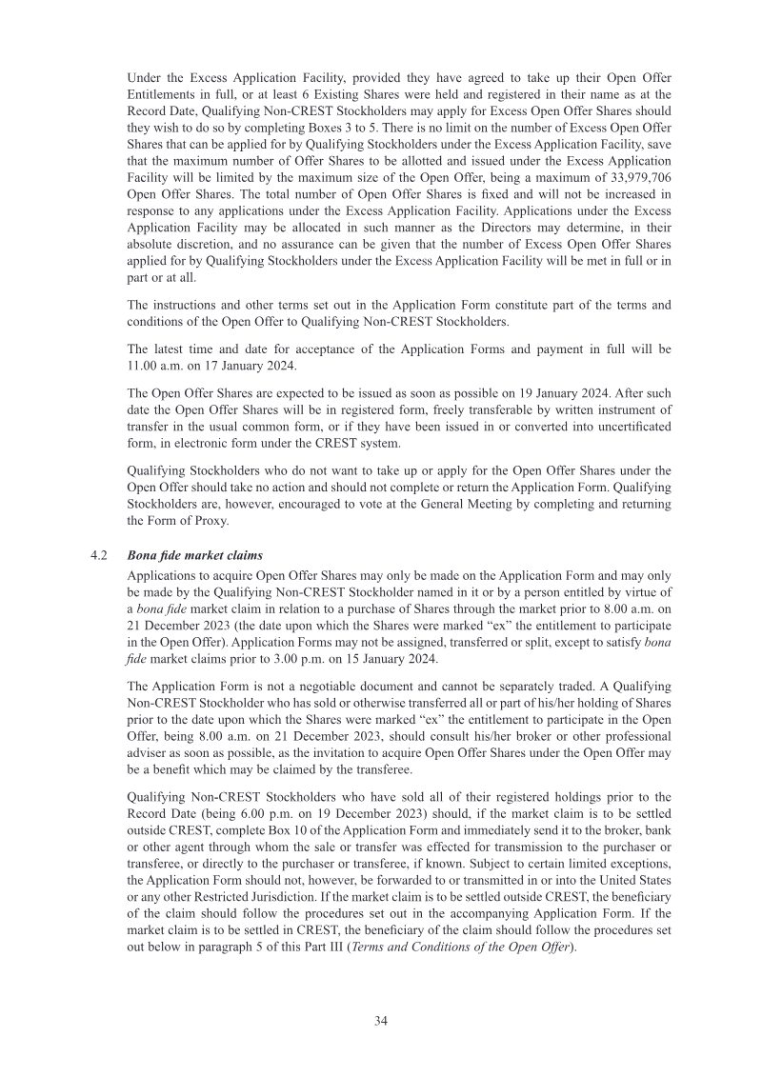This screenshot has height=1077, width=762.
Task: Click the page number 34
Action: [x=380, y=1020]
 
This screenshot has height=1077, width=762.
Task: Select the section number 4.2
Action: [x=97, y=555]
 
